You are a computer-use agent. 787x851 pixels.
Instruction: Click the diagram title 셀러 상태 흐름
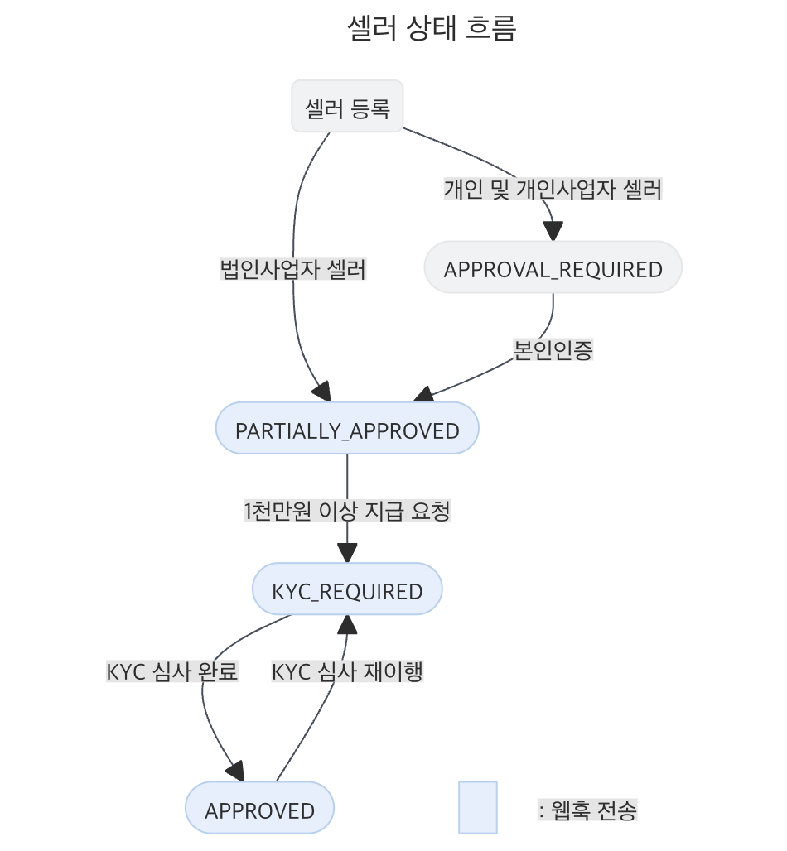tap(432, 29)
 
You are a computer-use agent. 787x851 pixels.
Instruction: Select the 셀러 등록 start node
tap(347, 107)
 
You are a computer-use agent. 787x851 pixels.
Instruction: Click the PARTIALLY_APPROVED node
tap(347, 430)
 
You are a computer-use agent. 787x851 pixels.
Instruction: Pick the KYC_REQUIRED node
tap(347, 590)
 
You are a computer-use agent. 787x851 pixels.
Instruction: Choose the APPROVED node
tap(259, 810)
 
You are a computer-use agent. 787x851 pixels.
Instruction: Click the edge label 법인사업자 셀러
tap(292, 269)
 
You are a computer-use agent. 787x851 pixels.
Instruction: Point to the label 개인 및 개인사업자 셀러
tap(553, 189)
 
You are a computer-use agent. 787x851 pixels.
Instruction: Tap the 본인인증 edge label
tap(553, 349)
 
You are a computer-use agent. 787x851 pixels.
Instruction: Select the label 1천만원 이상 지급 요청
tap(347, 511)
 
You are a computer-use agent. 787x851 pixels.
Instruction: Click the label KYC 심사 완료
tap(172, 671)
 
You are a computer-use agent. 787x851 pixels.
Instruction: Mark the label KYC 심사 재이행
tap(347, 671)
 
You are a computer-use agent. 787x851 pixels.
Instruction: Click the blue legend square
tap(478, 807)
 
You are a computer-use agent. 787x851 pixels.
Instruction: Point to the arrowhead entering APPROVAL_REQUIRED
tap(553, 231)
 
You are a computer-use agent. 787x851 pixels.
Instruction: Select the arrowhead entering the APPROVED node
tap(237, 772)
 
